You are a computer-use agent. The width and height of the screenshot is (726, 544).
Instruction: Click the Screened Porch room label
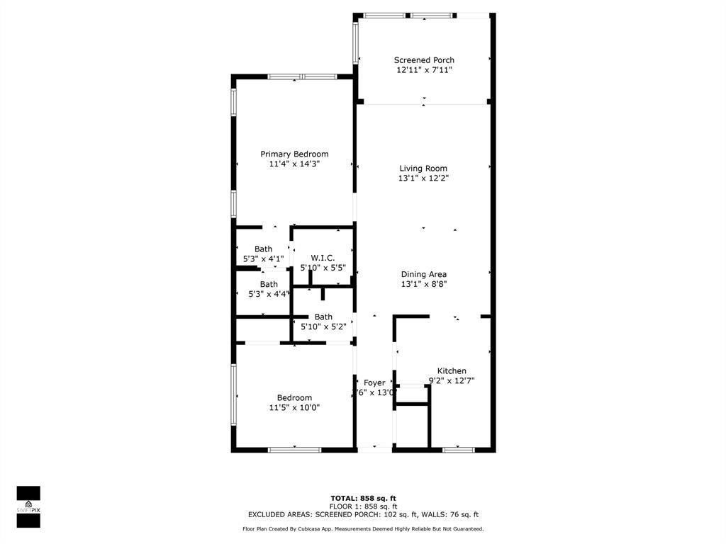[x=424, y=60]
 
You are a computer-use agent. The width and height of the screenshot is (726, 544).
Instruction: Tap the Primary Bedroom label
[x=294, y=154]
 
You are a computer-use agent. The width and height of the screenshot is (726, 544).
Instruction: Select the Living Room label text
[x=423, y=169]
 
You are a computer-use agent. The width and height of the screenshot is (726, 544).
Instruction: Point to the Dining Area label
[x=424, y=274]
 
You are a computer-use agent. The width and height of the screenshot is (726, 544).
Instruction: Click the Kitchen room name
[x=452, y=371]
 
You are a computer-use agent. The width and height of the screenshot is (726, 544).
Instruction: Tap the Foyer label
[x=374, y=383]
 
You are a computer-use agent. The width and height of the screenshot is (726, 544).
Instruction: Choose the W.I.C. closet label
[x=323, y=258]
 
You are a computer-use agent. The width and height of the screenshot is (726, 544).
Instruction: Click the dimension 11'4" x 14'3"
[x=294, y=164]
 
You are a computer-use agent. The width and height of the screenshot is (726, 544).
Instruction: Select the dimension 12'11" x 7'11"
[x=424, y=70]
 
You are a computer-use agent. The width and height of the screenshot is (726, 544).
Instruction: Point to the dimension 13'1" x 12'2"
[x=423, y=178]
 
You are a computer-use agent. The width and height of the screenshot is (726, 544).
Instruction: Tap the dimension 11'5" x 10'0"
[x=294, y=408]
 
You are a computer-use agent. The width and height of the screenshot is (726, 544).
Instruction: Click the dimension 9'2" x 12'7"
[x=452, y=381]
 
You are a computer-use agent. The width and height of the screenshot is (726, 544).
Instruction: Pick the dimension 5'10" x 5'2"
[x=323, y=327]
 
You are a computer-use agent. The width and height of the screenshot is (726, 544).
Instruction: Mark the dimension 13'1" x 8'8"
[x=424, y=284]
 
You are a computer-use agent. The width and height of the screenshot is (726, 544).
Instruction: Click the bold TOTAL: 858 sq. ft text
[x=363, y=498]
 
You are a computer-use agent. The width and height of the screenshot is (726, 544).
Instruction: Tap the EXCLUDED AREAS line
[x=363, y=515]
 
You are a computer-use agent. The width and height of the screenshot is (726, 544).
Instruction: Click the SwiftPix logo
[x=28, y=506]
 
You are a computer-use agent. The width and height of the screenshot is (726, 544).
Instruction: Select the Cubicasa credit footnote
[x=363, y=529]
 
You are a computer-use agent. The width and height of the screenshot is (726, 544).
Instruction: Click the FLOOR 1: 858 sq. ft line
[x=363, y=506]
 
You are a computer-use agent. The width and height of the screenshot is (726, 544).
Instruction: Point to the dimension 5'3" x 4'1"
[x=263, y=259]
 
